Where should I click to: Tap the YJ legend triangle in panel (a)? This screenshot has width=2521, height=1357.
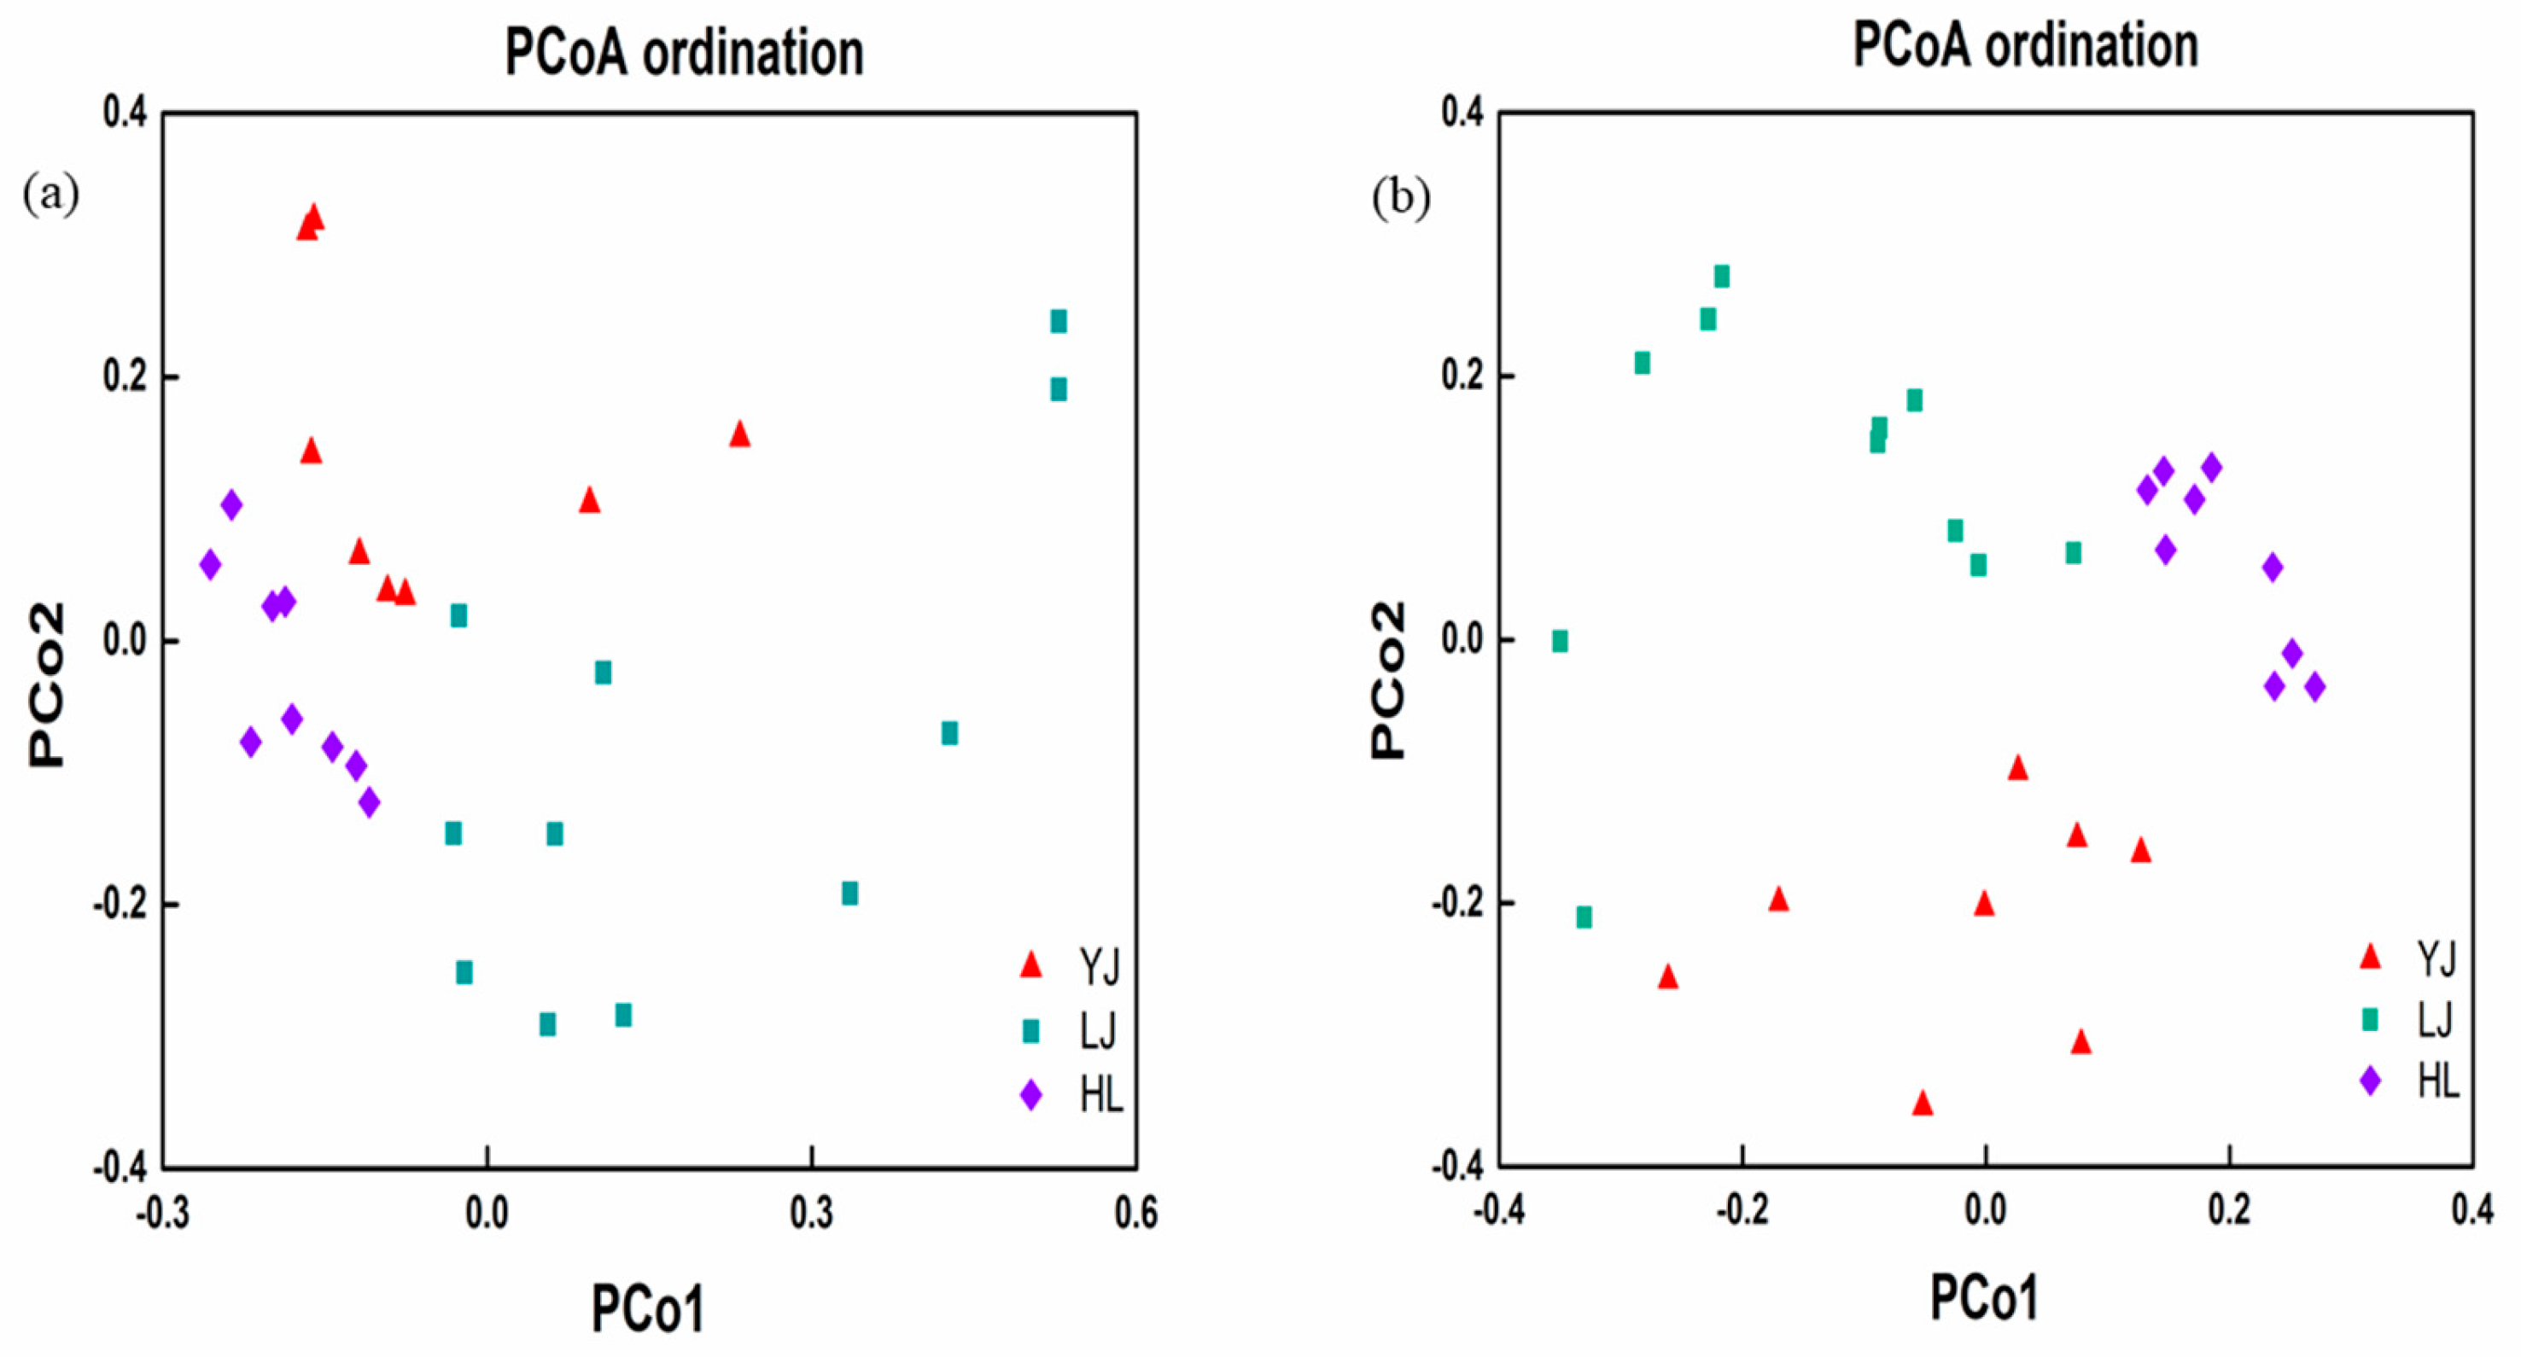pos(1030,964)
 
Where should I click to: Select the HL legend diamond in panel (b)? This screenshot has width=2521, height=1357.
pos(2370,1081)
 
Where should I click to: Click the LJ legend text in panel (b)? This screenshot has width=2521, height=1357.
pos(2435,1021)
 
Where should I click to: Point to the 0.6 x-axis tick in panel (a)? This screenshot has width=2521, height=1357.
pos(1136,1213)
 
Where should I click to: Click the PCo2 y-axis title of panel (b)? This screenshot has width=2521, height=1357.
pos(1389,680)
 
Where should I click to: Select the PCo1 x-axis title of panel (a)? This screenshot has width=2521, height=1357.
pos(648,1309)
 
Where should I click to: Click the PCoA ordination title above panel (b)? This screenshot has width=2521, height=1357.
pos(2025,46)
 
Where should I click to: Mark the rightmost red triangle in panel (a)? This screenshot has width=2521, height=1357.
pos(740,434)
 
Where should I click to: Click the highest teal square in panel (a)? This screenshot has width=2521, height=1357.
pos(1058,321)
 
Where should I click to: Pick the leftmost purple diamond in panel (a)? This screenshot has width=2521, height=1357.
pos(209,564)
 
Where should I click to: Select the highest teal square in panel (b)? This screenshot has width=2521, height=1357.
pos(1721,277)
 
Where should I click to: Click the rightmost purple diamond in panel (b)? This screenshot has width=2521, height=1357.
pos(2314,687)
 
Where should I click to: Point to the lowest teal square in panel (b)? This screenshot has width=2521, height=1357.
pos(1584,917)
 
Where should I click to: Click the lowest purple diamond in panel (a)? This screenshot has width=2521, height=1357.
pos(369,803)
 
